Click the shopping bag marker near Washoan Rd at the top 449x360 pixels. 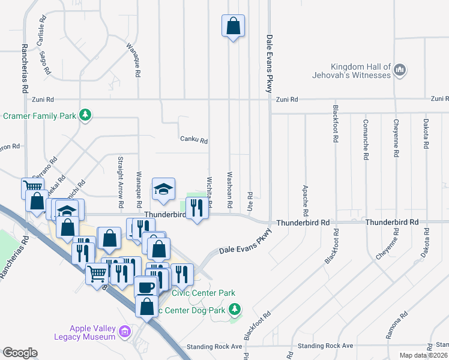point(233,26)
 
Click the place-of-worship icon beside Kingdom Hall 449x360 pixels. point(400,71)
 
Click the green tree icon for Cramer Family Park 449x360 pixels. point(86,115)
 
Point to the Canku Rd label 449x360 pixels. point(194,140)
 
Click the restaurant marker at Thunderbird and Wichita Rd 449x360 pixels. point(196,208)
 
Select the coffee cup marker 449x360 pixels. point(146,287)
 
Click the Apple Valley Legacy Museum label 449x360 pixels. point(92,332)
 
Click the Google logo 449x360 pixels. point(20,353)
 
